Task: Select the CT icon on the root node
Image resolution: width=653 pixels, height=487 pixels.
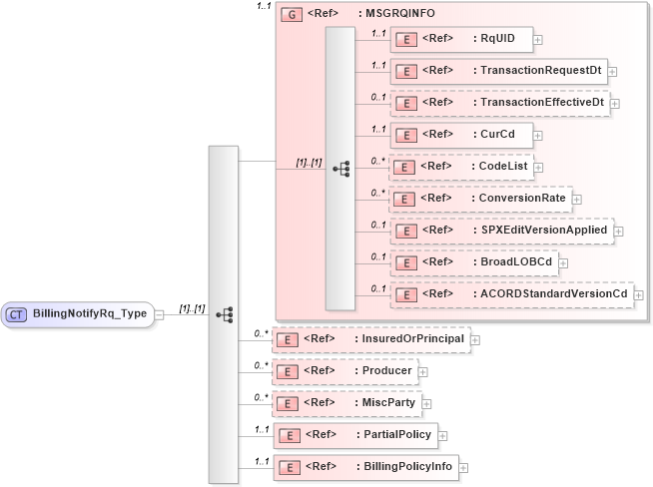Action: [x=17, y=314]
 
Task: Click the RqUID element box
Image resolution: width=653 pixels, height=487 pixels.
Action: [x=460, y=39]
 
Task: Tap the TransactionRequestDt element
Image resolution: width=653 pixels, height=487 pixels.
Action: [x=498, y=71]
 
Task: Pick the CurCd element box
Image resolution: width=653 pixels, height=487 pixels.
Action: [x=460, y=134]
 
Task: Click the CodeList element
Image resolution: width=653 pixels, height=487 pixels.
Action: [x=460, y=167]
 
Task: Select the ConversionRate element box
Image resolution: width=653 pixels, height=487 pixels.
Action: [x=480, y=199]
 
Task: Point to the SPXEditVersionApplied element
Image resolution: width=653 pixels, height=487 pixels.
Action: [x=500, y=231]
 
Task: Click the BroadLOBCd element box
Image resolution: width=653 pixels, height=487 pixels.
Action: [x=473, y=262]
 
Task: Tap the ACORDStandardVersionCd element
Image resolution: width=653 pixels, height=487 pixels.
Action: [x=510, y=294]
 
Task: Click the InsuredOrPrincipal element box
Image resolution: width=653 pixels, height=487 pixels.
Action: [x=370, y=339]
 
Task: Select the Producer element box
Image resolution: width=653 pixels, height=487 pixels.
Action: [x=344, y=371]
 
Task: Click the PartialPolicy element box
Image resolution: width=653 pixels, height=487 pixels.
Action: [x=354, y=435]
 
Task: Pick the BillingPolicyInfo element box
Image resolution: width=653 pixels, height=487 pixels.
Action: [x=364, y=467]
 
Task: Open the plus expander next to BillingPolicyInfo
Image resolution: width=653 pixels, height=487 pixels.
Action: [x=463, y=468]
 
